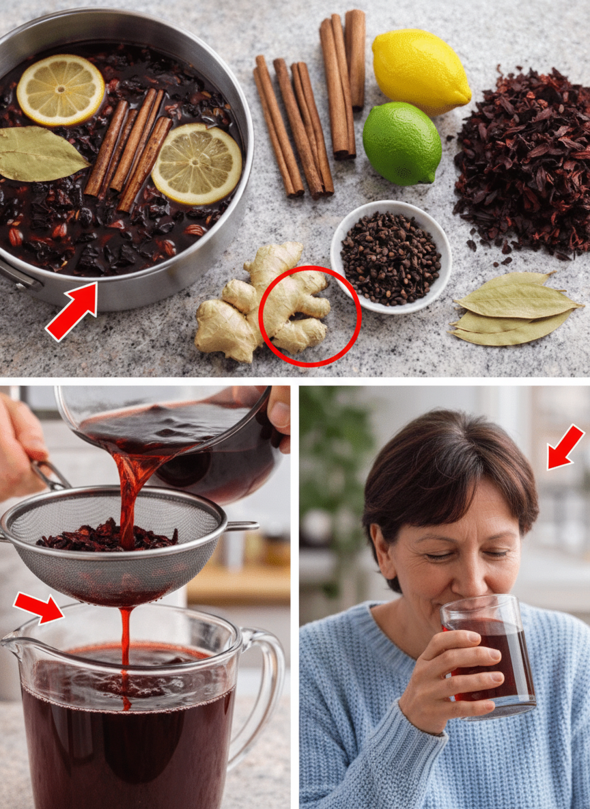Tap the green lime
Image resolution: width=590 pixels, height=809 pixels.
click(x=402, y=143)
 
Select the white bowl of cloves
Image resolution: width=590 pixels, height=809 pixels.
click(x=391, y=257)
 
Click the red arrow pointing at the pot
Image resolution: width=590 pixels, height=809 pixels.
click(x=72, y=312)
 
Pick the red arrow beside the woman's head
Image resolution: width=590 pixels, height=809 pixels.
click(x=565, y=448)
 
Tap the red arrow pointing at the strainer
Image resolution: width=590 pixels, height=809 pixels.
click(x=38, y=607)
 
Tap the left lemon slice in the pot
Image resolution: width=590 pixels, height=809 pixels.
click(x=61, y=90)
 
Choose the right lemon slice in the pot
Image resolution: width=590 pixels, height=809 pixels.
click(x=197, y=163)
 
